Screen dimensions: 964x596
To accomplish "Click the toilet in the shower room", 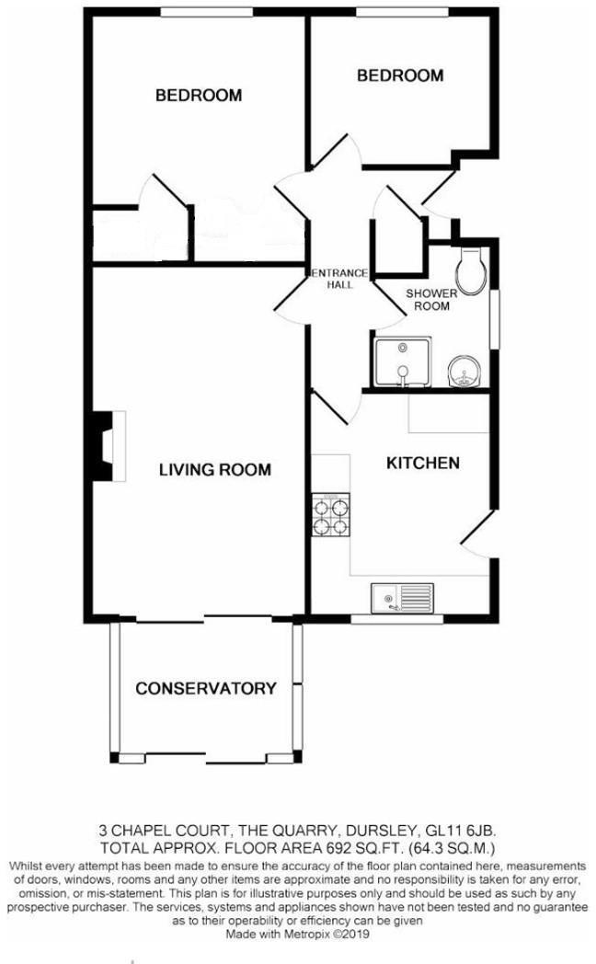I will pos(471,270).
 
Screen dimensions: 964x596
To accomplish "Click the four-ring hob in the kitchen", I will pos(333,516).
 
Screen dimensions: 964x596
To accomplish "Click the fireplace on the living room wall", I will pos(107,445).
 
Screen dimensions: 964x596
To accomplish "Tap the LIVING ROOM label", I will pos(215,470).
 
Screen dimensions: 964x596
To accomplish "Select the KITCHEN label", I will pos(422,463).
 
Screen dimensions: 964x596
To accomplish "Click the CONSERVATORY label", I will pos(206,688).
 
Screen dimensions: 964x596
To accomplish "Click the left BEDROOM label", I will pos(198,95).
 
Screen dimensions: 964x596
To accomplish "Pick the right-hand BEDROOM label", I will pos(400,75).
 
